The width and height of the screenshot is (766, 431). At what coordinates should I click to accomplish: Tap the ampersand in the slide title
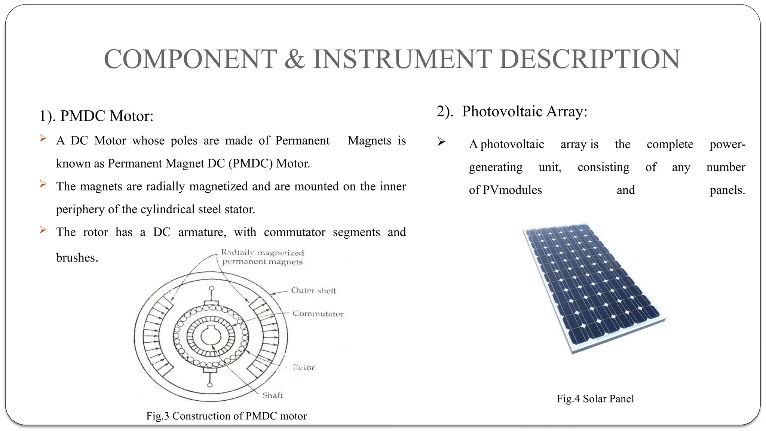295,59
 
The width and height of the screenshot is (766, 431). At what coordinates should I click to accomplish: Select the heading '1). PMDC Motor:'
96,116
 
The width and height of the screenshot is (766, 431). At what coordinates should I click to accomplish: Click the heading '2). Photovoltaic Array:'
512,111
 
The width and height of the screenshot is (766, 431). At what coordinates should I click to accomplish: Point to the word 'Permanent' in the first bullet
302,141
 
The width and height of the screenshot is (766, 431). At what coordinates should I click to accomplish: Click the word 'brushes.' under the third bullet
77,258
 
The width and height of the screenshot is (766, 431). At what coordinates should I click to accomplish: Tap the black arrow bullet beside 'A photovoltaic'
442,142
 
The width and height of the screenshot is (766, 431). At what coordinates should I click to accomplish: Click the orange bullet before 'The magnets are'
43,184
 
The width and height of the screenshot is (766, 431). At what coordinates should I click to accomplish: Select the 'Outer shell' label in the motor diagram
313,291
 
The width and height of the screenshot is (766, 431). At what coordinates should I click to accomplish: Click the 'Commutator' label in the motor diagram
318,314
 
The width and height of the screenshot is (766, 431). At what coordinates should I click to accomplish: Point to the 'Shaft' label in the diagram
273,395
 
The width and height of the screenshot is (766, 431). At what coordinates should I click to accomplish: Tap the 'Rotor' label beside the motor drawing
304,367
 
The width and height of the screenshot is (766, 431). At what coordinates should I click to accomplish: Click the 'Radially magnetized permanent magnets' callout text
262,257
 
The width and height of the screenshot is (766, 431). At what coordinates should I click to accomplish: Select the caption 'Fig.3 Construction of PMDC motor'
226,416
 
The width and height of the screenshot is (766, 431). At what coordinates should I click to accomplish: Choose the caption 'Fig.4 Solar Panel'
595,399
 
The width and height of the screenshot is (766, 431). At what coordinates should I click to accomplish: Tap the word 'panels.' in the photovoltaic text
727,190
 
